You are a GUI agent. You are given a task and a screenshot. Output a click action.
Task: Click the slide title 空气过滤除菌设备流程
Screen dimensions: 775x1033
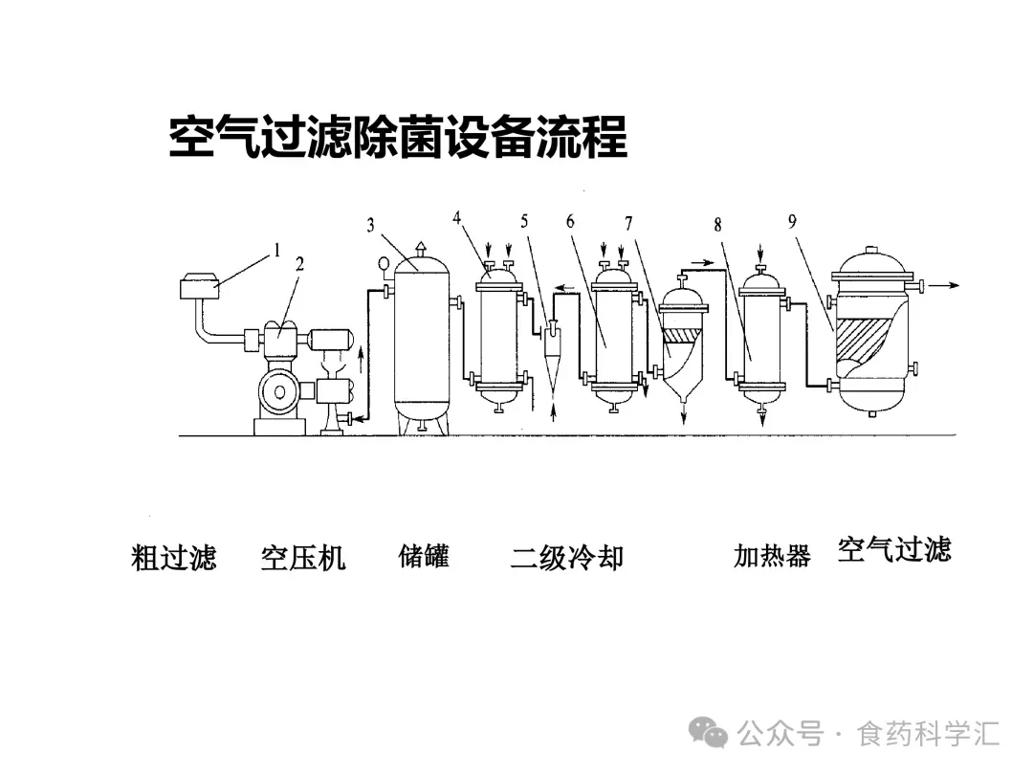(x=398, y=138)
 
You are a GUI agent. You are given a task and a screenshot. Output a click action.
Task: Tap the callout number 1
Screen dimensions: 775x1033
(x=276, y=251)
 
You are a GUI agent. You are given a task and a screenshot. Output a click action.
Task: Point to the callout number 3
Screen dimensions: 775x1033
(x=370, y=226)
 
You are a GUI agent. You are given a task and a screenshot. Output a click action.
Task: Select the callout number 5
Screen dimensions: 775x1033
(x=524, y=220)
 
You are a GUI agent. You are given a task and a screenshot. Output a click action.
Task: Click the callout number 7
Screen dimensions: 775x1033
(x=628, y=224)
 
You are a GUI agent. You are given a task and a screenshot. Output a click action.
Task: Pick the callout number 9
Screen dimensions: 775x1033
(x=792, y=221)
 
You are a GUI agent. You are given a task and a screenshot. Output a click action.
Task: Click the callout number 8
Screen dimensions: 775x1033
(x=717, y=225)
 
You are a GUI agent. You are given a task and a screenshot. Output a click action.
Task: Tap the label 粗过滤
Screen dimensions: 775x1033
(x=173, y=558)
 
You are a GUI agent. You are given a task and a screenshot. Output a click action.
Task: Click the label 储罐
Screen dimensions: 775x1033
(x=424, y=556)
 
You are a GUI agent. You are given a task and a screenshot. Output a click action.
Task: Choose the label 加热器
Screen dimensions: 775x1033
(x=772, y=556)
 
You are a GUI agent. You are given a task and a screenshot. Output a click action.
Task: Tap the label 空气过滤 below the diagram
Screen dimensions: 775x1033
(x=894, y=549)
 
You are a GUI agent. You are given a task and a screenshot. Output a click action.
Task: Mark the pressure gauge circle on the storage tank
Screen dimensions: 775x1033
(x=385, y=263)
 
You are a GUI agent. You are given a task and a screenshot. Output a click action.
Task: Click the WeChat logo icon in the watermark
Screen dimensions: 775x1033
(x=714, y=733)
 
